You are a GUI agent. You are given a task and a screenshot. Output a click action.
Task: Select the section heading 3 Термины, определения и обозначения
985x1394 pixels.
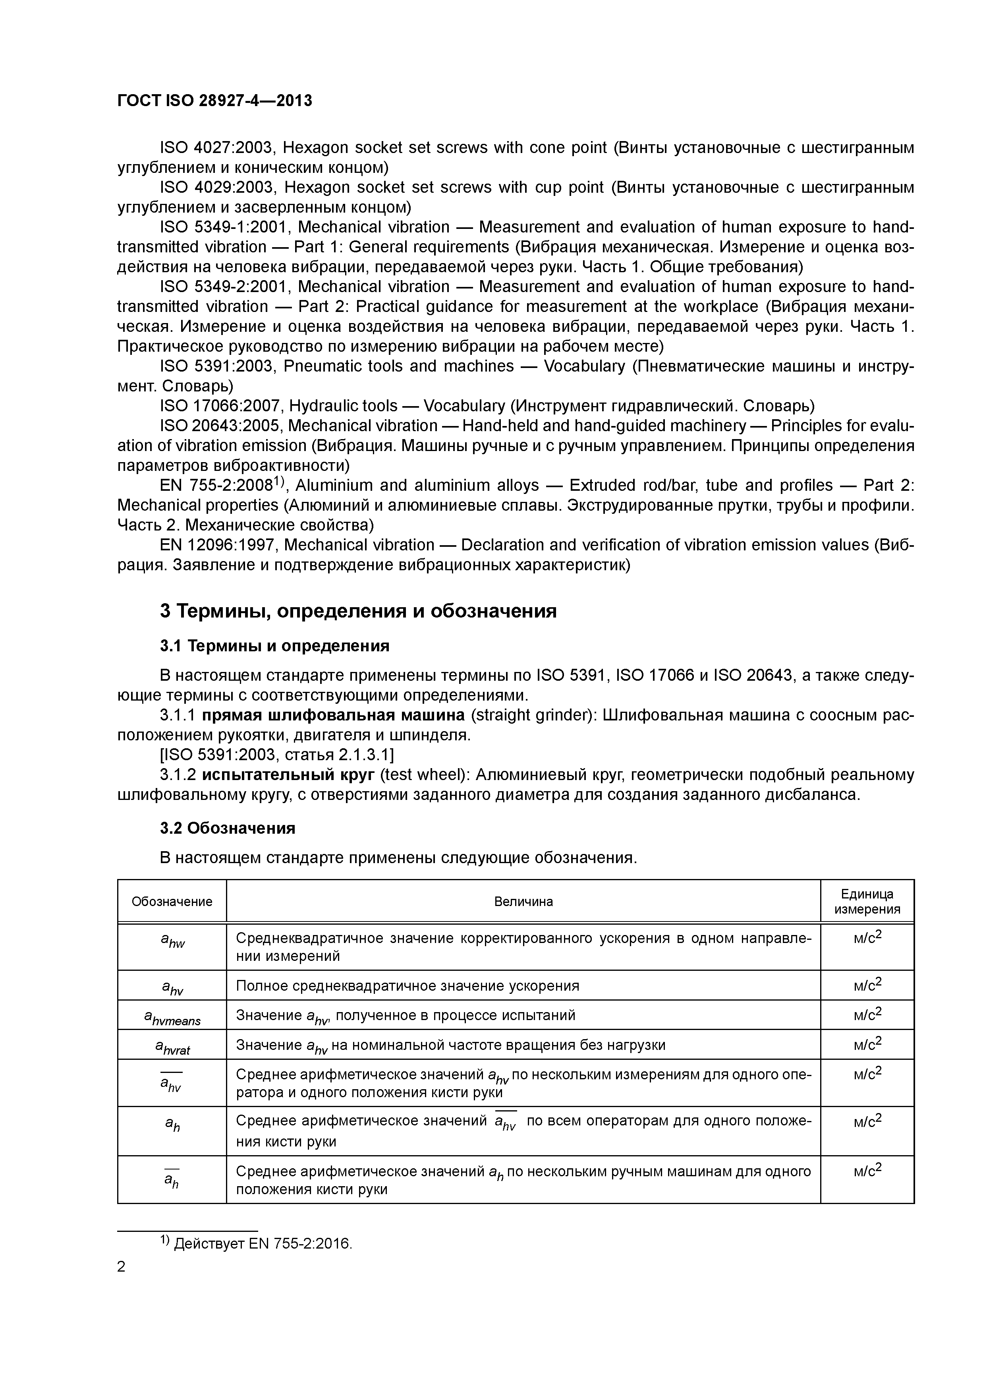pyautogui.click(x=358, y=611)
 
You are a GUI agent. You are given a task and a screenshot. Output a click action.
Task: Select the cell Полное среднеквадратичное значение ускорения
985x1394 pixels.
pyautogui.click(x=407, y=986)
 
